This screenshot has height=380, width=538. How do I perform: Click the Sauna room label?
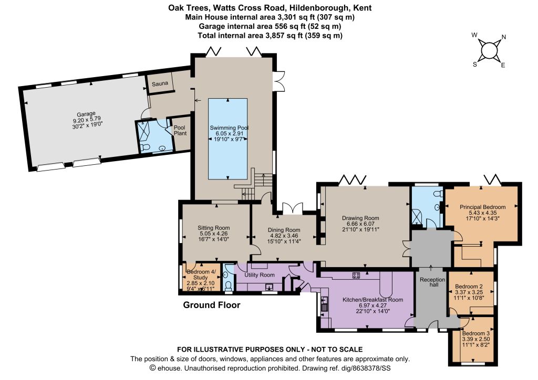pos(160,83)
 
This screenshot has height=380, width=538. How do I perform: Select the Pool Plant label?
pos(180,130)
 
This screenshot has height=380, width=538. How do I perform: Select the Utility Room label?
pos(260,275)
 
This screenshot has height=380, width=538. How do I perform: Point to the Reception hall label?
pos(432,282)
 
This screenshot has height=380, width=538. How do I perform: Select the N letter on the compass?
pos(504,37)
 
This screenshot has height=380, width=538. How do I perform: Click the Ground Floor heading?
pos(212,305)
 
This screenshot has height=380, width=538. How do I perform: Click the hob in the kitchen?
pos(356,275)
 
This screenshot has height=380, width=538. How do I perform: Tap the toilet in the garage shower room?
pos(145,147)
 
